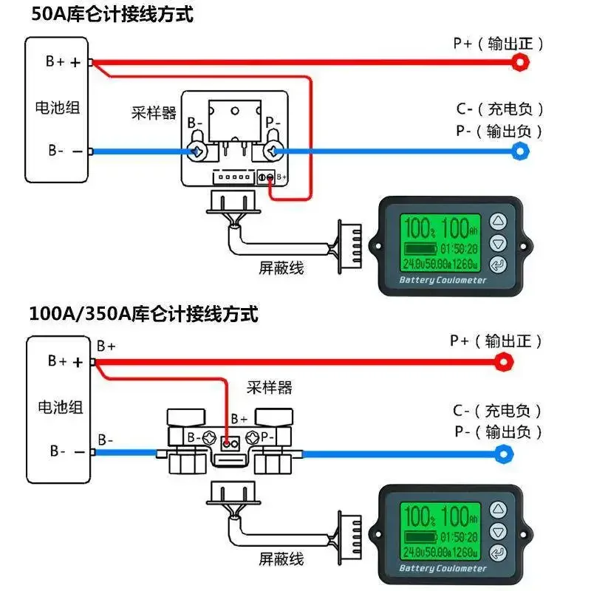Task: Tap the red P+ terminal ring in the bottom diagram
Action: click(x=505, y=361)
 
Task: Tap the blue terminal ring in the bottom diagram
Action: click(x=505, y=453)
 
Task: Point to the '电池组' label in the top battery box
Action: click(x=58, y=107)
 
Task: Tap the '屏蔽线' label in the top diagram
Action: click(x=281, y=268)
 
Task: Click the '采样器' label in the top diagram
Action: click(x=154, y=113)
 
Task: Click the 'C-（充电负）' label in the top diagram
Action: click(x=499, y=109)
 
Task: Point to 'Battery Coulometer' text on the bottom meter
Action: click(x=443, y=569)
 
